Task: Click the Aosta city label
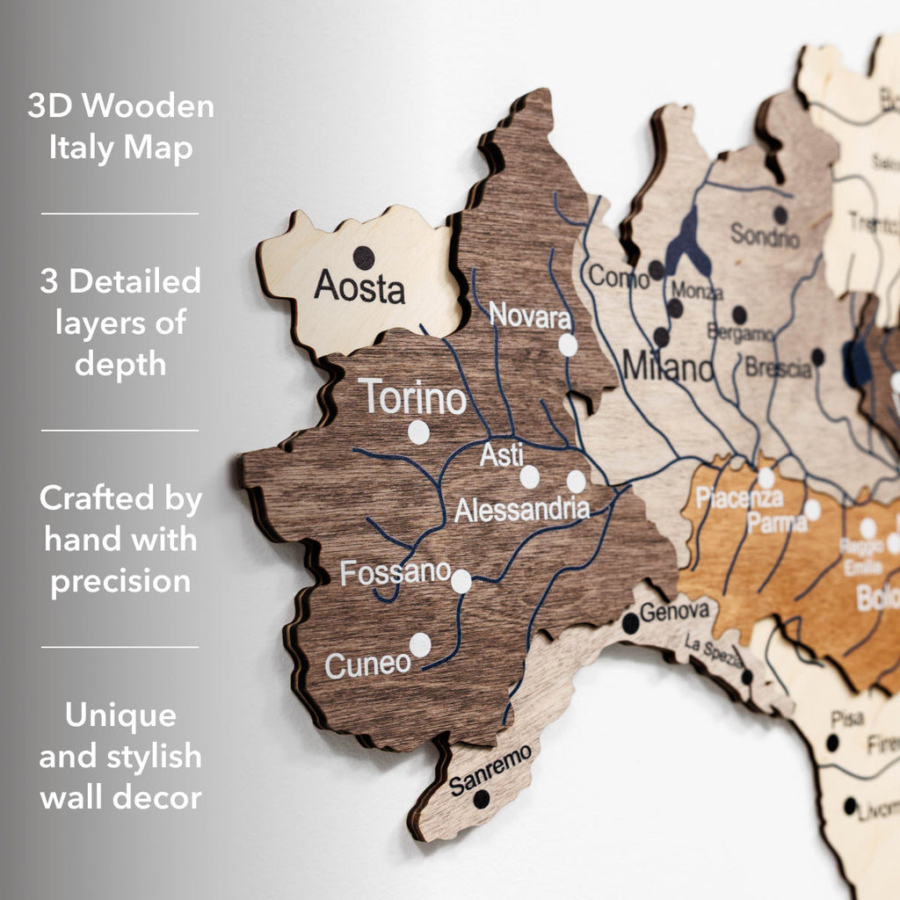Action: (x=359, y=287)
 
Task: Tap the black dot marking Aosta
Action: (x=363, y=258)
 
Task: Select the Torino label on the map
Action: (x=412, y=398)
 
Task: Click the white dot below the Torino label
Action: (x=418, y=432)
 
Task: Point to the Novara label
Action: (x=530, y=315)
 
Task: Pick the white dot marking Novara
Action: (x=568, y=345)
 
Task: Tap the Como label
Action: (x=618, y=276)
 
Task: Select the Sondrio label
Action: (x=765, y=236)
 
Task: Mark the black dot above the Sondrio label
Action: (x=780, y=214)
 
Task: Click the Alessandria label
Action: (x=522, y=509)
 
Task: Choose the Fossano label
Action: (x=396, y=573)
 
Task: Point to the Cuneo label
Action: (x=367, y=664)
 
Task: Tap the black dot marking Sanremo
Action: (x=481, y=799)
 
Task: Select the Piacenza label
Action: (x=738, y=498)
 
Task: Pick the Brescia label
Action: (x=778, y=367)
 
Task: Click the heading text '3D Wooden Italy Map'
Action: (x=120, y=127)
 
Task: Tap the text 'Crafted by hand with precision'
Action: (x=120, y=540)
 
